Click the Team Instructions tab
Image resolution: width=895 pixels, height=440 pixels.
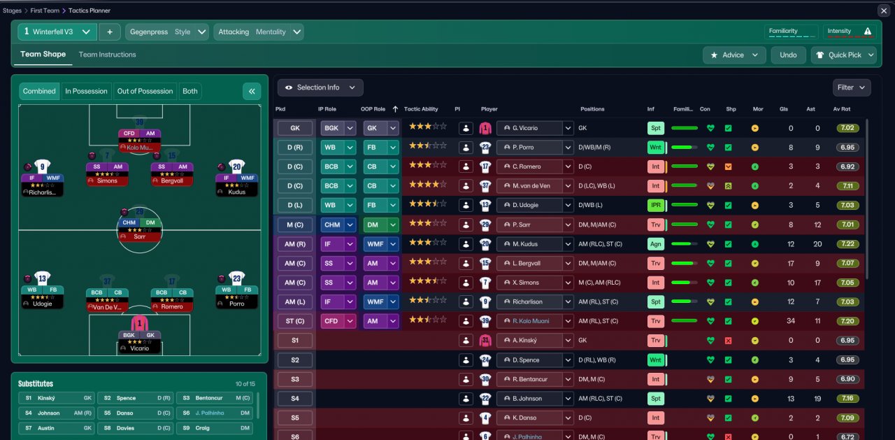pyautogui.click(x=107, y=55)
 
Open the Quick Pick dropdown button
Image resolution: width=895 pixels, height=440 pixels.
pyautogui.click(x=843, y=55)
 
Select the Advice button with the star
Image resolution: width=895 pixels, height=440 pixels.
pyautogui.click(x=733, y=55)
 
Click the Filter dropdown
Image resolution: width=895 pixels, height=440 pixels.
pyautogui.click(x=851, y=87)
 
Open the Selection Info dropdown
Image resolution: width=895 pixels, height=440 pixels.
pyautogui.click(x=320, y=87)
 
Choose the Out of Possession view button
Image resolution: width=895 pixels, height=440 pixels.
pyautogui.click(x=145, y=91)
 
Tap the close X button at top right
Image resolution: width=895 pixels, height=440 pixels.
pyautogui.click(x=883, y=10)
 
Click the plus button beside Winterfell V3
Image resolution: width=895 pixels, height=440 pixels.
pyautogui.click(x=110, y=32)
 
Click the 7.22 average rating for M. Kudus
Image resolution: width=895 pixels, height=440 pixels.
pyautogui.click(x=847, y=244)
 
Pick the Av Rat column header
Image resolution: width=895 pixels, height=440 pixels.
pyautogui.click(x=841, y=109)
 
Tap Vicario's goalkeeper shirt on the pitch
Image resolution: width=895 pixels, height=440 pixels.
pyautogui.click(x=139, y=324)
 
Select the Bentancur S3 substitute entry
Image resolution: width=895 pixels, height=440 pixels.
pyautogui.click(x=214, y=397)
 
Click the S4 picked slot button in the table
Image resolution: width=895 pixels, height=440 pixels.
pyautogui.click(x=294, y=398)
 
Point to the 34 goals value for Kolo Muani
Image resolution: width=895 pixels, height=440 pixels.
pyautogui.click(x=791, y=321)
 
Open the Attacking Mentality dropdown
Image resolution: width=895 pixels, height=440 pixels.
pyautogui.click(x=259, y=32)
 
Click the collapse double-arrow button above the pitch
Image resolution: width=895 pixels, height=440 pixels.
pyautogui.click(x=252, y=91)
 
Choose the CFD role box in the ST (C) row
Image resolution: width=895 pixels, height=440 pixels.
pyautogui.click(x=331, y=321)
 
